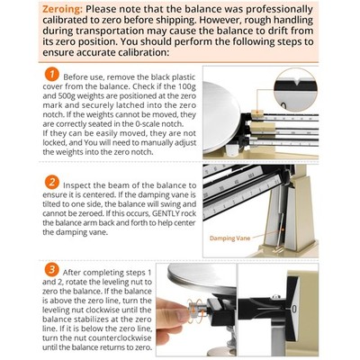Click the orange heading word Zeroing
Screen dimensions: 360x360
[x=62, y=9]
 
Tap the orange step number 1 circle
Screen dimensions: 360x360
[x=52, y=75]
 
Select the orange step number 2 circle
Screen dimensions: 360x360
[x=52, y=182]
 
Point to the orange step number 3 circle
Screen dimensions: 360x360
[x=52, y=270]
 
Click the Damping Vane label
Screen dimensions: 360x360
[x=230, y=238]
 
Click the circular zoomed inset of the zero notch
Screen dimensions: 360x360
[x=296, y=89]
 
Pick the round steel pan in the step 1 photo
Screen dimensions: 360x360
[x=221, y=118]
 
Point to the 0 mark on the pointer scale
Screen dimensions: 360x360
[x=294, y=309]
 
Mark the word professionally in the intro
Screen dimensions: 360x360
[x=280, y=9]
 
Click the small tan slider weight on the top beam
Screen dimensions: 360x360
[x=257, y=113]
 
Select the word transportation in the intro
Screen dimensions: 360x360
[x=106, y=31]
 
